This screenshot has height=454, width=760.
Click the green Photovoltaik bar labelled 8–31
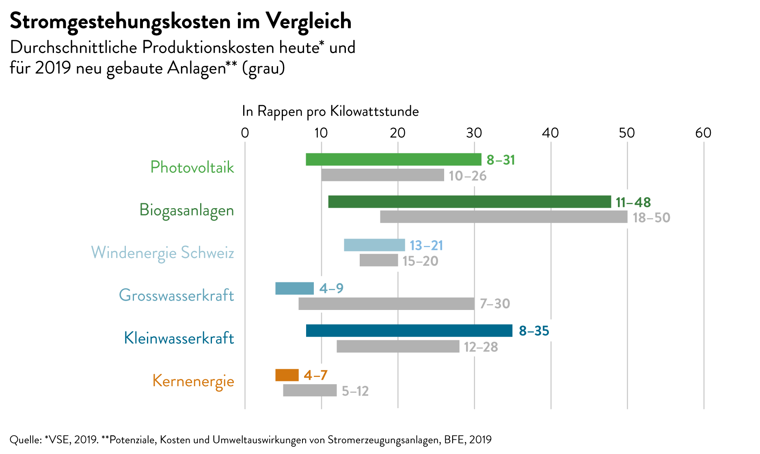pyautogui.click(x=393, y=159)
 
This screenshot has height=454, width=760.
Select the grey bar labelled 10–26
pyautogui.click(x=382, y=175)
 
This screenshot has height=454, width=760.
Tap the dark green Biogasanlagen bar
pyautogui.click(x=469, y=202)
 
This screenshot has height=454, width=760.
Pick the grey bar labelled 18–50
pyautogui.click(x=503, y=217)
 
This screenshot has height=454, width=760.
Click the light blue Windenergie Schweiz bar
pyautogui.click(x=374, y=245)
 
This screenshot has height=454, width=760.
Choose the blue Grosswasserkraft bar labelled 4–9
pyautogui.click(x=294, y=288)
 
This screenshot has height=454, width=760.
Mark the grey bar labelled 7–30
pyautogui.click(x=386, y=304)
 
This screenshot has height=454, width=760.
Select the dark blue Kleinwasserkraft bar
pyautogui.click(x=409, y=331)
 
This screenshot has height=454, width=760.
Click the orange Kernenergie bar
pyautogui.click(x=287, y=375)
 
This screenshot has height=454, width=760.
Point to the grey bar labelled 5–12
pyautogui.click(x=309, y=390)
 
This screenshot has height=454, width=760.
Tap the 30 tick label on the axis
pyautogui.click(x=474, y=133)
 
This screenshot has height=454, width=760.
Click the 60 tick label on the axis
pyautogui.click(x=703, y=133)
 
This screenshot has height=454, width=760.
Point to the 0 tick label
pyautogui.click(x=245, y=133)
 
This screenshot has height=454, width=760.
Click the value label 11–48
pyautogui.click(x=633, y=202)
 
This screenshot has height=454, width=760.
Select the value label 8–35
pyautogui.click(x=534, y=331)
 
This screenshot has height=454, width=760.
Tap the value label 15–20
pyautogui.click(x=420, y=261)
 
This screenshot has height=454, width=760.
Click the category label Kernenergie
pyautogui.click(x=193, y=381)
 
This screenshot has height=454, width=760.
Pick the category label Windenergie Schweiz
pyautogui.click(x=162, y=253)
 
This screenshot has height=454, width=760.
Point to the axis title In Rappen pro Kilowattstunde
pyautogui.click(x=330, y=111)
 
